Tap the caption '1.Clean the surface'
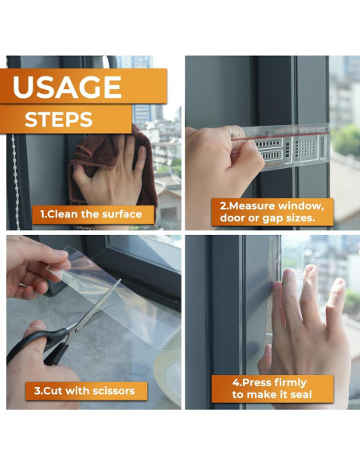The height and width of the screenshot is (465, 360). (92, 213)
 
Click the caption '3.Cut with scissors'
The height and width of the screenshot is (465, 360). (90, 390)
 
